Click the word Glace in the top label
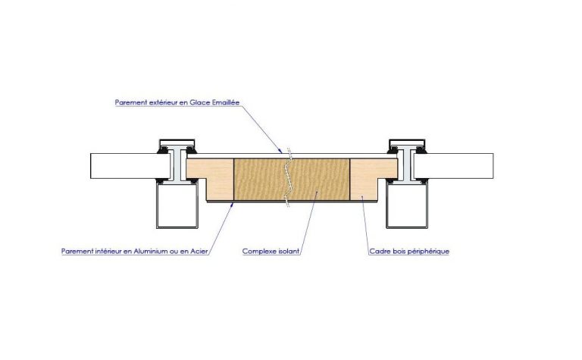pyautogui.click(x=200, y=102)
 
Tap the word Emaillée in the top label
pyautogui.click(x=226, y=102)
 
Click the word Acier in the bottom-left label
pyautogui.click(x=199, y=252)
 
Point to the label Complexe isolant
pyautogui.click(x=271, y=252)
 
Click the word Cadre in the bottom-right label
pyautogui.click(x=379, y=252)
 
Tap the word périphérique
pyautogui.click(x=428, y=252)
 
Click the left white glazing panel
pyautogui.click(x=130, y=166)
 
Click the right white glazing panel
pyautogui.click(x=454, y=166)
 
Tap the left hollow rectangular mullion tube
pyautogui.click(x=177, y=205)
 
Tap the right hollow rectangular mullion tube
pyautogui.click(x=407, y=205)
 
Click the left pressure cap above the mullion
pyautogui.click(x=177, y=143)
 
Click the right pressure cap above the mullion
pyautogui.click(x=407, y=143)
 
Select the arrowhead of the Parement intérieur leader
pyautogui.click(x=232, y=205)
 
